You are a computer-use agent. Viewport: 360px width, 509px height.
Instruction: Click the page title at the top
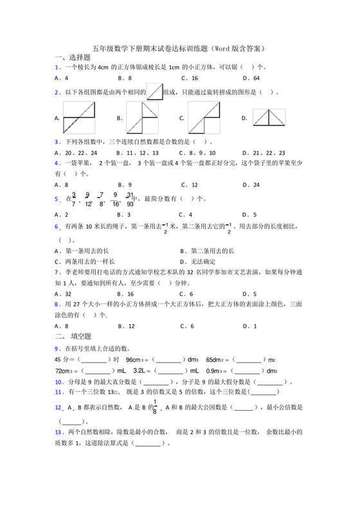click(x=179, y=48)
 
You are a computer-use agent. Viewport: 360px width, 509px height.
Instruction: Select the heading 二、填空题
click(x=73, y=335)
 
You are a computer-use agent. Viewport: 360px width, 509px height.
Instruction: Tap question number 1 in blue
click(x=58, y=67)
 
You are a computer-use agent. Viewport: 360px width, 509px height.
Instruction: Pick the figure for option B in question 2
click(x=141, y=118)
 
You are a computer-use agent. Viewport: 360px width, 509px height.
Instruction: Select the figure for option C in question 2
click(x=204, y=118)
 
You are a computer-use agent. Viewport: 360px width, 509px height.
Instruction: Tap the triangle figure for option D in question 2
click(x=269, y=118)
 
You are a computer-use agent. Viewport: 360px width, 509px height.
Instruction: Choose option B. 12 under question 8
click(x=126, y=326)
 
